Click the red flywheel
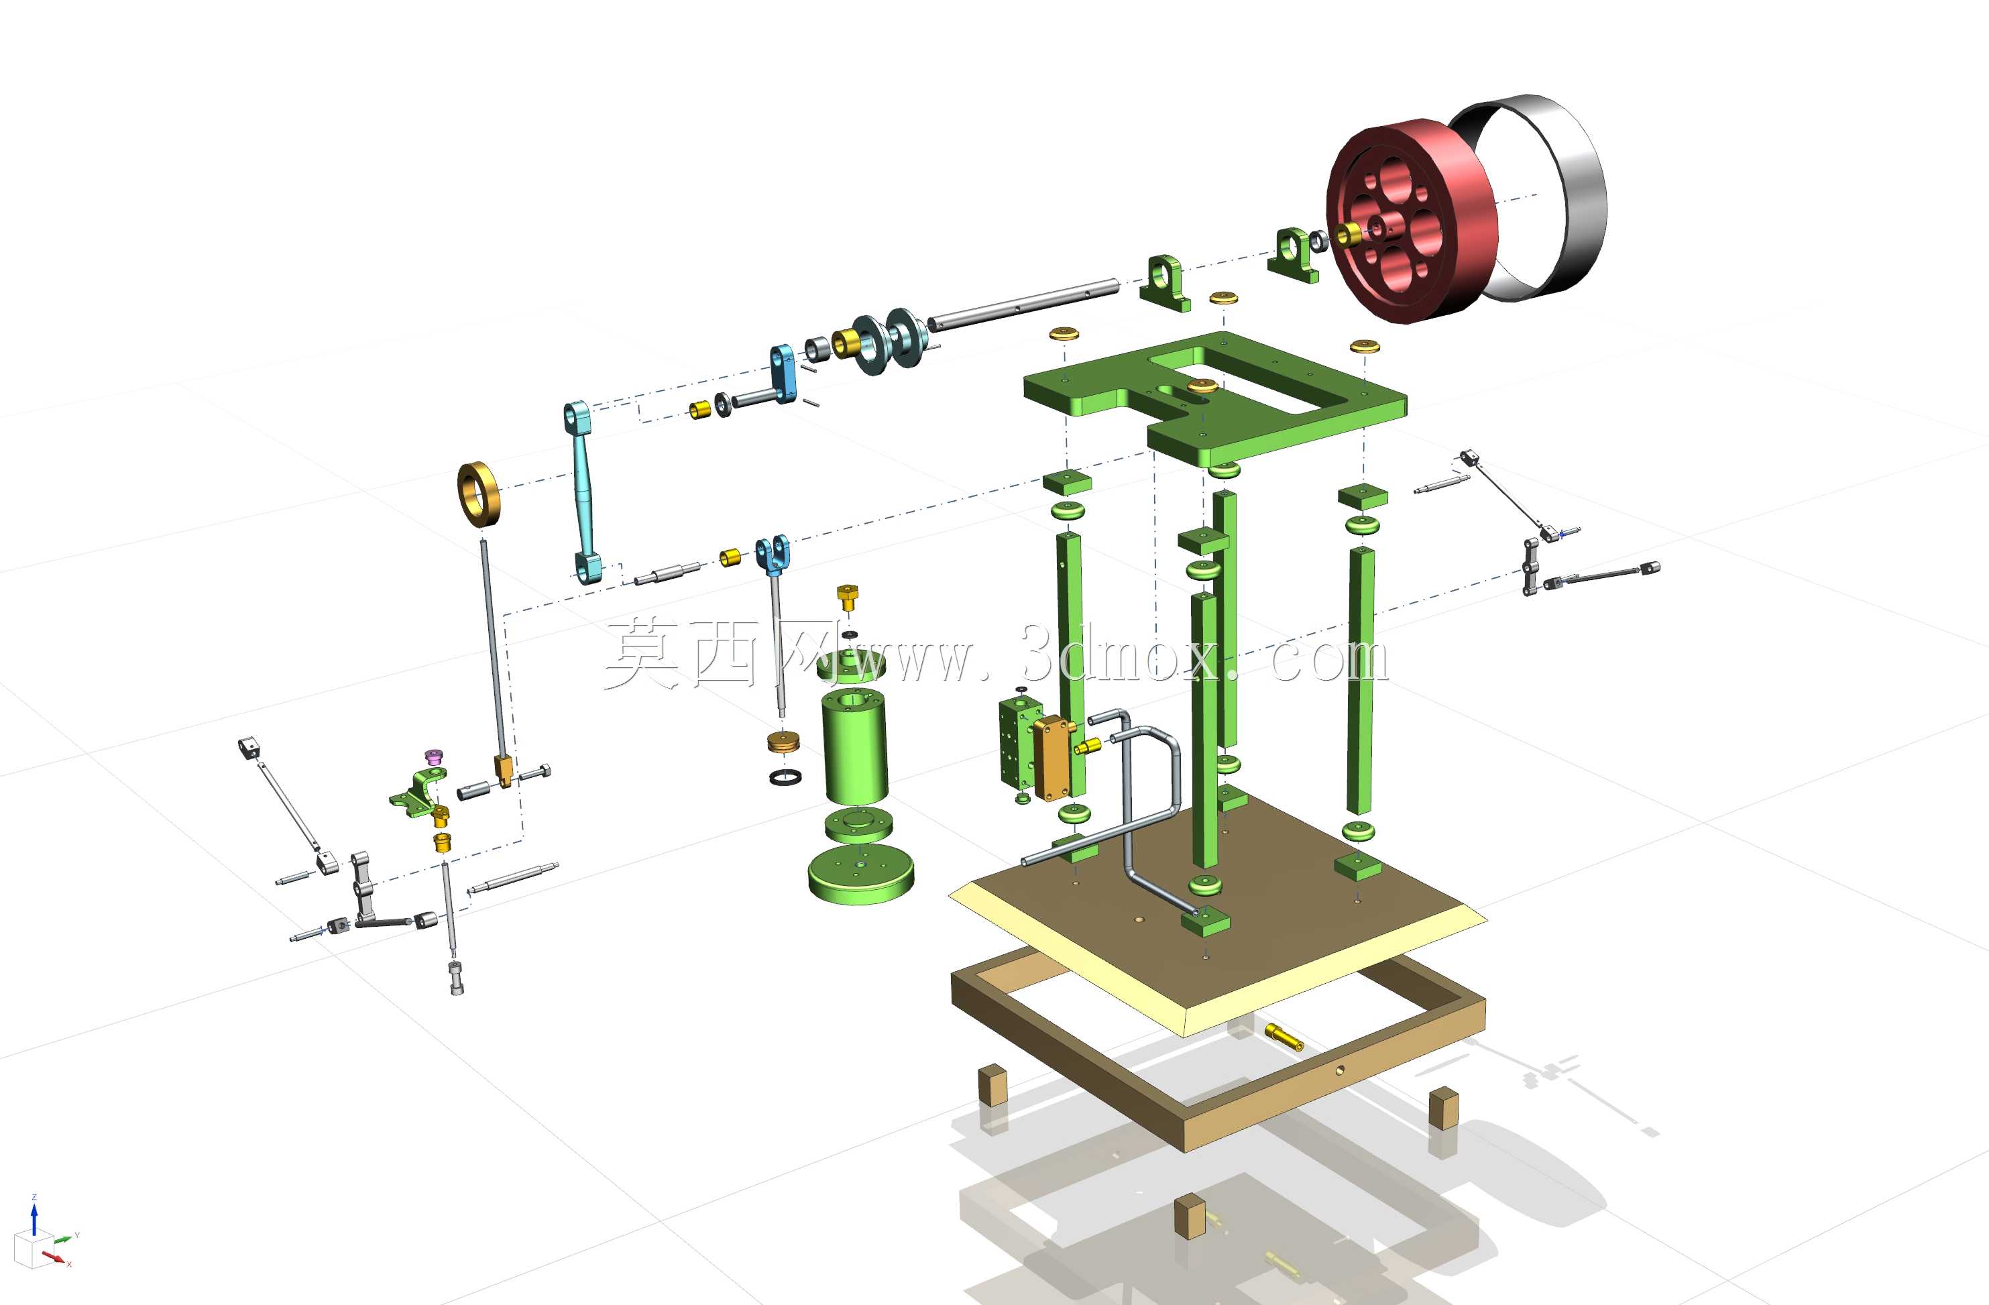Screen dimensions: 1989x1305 1412,221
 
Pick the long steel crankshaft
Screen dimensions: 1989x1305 1024,302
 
